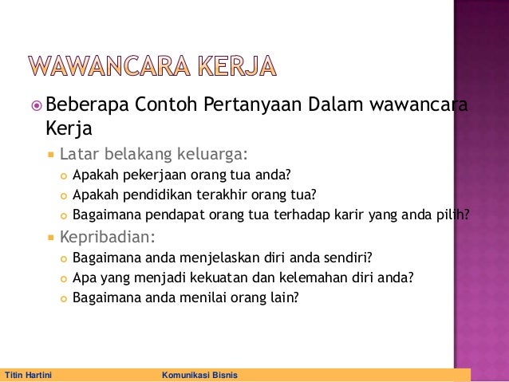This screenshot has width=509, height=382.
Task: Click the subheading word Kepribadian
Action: [x=106, y=238]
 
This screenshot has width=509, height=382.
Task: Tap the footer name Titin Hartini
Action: [x=28, y=375]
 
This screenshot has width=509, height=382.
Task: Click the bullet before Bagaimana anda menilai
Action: [x=63, y=298]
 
